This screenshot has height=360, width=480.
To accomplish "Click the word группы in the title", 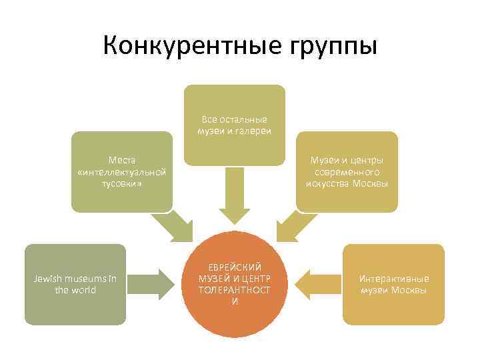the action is point(329,47).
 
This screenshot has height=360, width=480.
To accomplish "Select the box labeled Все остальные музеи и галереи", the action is point(234,125).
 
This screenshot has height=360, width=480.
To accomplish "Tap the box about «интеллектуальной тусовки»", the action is point(121,171).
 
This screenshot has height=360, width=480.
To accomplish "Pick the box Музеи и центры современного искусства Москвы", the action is point(347,171).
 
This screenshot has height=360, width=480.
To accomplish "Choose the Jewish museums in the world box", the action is point(75,285).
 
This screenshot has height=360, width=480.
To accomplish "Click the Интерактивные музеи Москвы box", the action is point(394,285).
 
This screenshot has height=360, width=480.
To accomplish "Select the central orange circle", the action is point(234,283).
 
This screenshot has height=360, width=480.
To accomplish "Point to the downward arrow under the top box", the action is point(234,197).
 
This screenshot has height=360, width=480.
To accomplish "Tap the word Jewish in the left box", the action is point(48,279).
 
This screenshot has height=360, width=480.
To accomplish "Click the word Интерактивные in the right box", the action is point(394,279).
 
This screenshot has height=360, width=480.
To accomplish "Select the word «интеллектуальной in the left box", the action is point(121,171).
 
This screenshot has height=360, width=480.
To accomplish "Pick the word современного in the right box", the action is point(347,171).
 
